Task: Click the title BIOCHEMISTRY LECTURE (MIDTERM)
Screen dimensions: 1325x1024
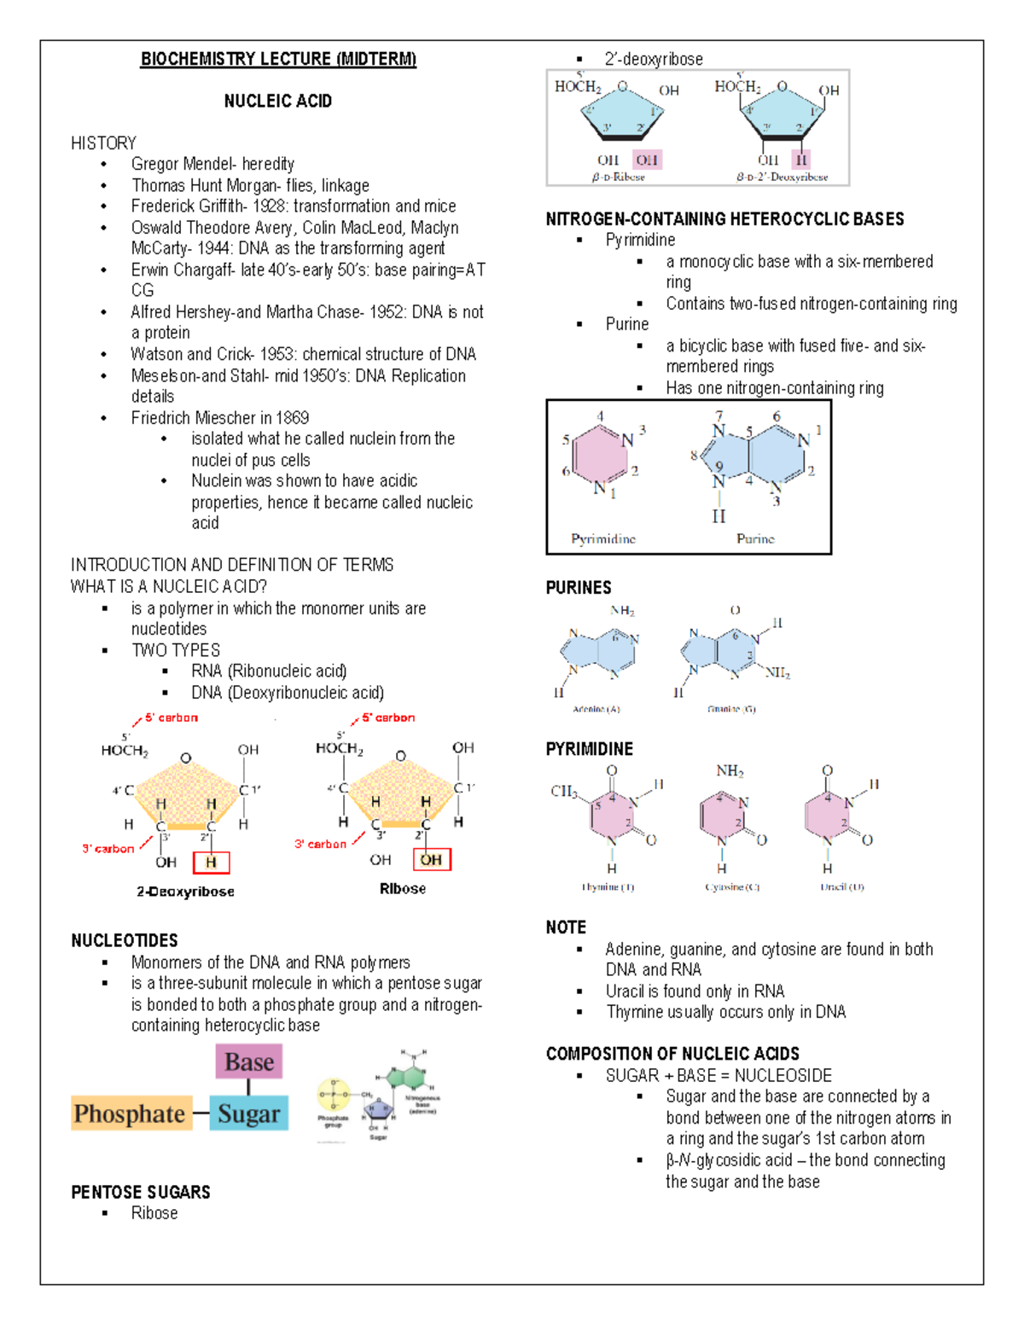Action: click(278, 59)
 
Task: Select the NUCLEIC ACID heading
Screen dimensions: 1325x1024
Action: click(278, 102)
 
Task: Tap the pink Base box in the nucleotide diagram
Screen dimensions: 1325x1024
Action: click(249, 1062)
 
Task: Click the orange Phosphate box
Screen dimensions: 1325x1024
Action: click(130, 1113)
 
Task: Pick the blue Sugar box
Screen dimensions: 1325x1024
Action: click(248, 1113)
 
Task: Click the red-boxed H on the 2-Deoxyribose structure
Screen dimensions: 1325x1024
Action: click(211, 863)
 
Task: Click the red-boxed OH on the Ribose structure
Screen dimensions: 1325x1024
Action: click(431, 860)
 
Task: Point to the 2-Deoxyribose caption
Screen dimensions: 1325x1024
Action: click(185, 892)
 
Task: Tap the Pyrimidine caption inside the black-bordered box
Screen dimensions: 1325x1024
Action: click(603, 539)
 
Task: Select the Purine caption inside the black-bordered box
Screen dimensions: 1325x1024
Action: click(755, 539)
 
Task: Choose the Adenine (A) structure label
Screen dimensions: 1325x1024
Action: click(596, 709)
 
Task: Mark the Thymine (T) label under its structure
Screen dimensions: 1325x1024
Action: click(608, 887)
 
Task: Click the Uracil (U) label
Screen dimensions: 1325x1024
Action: click(842, 887)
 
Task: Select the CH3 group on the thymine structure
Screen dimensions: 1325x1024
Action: click(563, 791)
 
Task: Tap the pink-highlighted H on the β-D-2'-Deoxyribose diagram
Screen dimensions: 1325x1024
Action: click(800, 160)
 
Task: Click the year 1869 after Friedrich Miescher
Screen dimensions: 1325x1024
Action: click(292, 418)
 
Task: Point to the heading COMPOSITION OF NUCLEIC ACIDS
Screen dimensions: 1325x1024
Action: click(672, 1055)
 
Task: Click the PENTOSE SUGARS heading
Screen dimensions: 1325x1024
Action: click(141, 1193)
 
